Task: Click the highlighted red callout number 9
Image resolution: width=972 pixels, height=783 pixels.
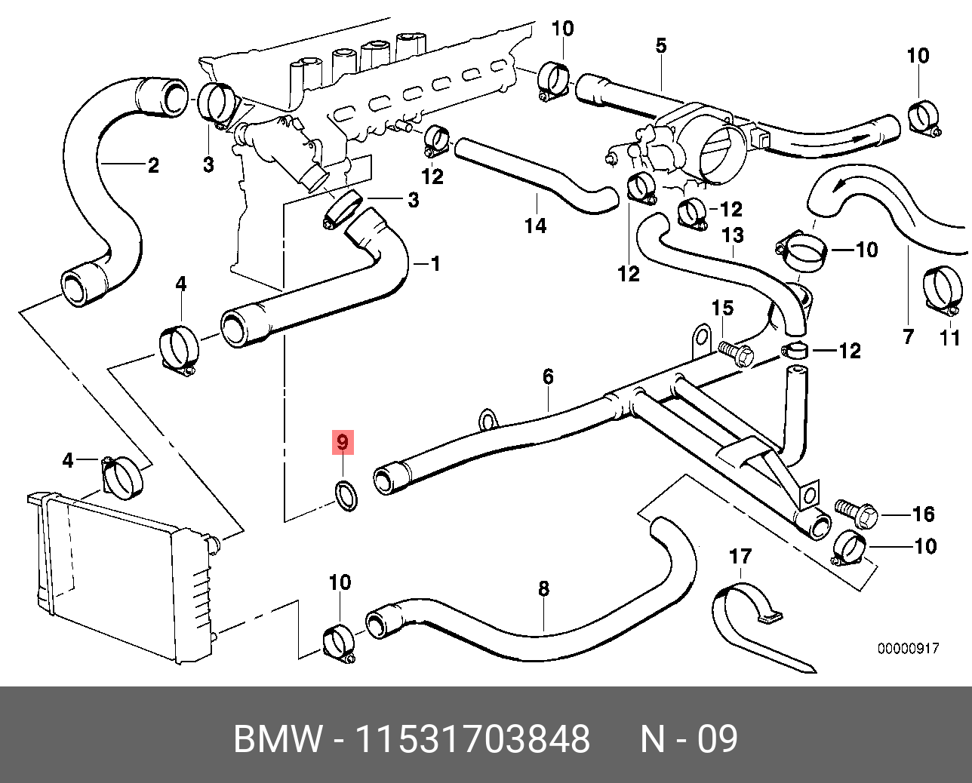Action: coord(343,442)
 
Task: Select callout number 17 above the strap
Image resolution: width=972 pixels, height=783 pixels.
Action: coord(740,557)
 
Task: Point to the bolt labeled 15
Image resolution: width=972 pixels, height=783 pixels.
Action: coord(734,352)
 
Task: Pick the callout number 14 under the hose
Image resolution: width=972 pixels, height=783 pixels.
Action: coord(535,225)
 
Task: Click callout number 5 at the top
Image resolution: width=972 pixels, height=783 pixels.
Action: coord(661,45)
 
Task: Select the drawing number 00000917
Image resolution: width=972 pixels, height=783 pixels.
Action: coord(908,648)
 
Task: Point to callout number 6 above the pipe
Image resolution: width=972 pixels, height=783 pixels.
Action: coord(548,376)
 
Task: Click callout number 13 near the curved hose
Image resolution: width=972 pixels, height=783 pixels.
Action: coord(732,235)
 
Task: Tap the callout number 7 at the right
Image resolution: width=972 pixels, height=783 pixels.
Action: coord(908,336)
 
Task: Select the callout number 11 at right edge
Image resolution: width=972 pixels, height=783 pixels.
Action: coord(950,336)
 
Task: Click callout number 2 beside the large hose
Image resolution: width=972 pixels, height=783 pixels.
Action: coord(153,164)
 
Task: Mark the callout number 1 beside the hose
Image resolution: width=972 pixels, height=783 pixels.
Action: coord(435,263)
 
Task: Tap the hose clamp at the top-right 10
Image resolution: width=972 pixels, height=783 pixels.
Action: coord(923,117)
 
